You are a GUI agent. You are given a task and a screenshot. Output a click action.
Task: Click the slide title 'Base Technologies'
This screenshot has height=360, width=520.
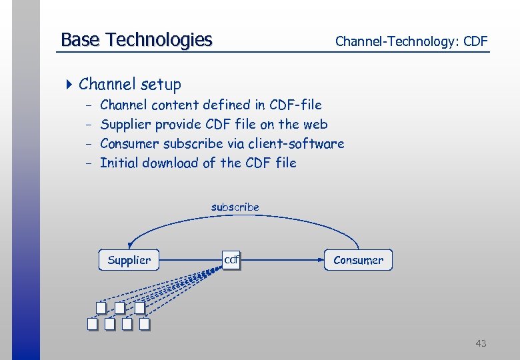click(136, 40)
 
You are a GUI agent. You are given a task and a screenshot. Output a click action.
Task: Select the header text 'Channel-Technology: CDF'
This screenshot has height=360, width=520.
click(411, 41)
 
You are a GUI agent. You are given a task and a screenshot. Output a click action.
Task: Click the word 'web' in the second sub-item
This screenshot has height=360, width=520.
click(315, 124)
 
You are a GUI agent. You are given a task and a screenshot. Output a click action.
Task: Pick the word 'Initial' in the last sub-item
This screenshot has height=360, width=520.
click(118, 163)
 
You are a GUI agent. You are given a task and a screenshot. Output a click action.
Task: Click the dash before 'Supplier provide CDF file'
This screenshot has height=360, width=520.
click(89, 125)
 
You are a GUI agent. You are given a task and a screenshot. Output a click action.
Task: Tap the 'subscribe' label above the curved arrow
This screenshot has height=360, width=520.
click(235, 207)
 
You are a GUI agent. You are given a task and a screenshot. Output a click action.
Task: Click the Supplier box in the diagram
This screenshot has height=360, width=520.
click(129, 260)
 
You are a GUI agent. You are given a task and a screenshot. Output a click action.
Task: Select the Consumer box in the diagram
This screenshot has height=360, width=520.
click(359, 260)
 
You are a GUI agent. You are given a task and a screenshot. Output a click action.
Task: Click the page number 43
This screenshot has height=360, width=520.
click(481, 343)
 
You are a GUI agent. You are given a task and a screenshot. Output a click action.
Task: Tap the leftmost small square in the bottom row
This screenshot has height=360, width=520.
click(93, 325)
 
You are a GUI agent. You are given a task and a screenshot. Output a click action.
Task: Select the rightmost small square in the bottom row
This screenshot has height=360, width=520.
click(144, 325)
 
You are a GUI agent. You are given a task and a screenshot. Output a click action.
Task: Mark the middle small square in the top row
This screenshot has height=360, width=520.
click(119, 308)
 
